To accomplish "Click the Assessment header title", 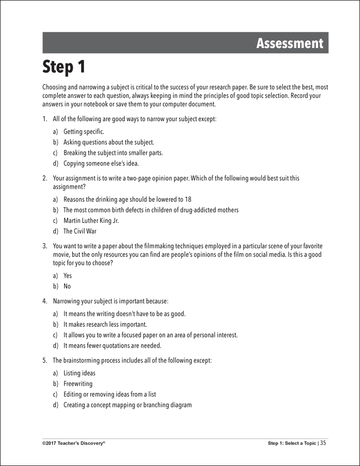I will (x=289, y=43).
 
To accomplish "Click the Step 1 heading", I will (x=64, y=68).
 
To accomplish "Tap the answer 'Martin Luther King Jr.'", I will (x=91, y=220).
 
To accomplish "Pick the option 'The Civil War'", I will (x=80, y=231).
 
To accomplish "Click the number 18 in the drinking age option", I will (x=188, y=199).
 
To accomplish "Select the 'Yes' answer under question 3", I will (x=68, y=275).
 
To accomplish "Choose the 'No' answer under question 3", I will (x=67, y=286).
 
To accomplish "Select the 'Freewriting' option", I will (x=78, y=384).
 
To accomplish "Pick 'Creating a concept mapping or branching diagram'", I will (x=127, y=405).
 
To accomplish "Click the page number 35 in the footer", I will (x=323, y=443).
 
